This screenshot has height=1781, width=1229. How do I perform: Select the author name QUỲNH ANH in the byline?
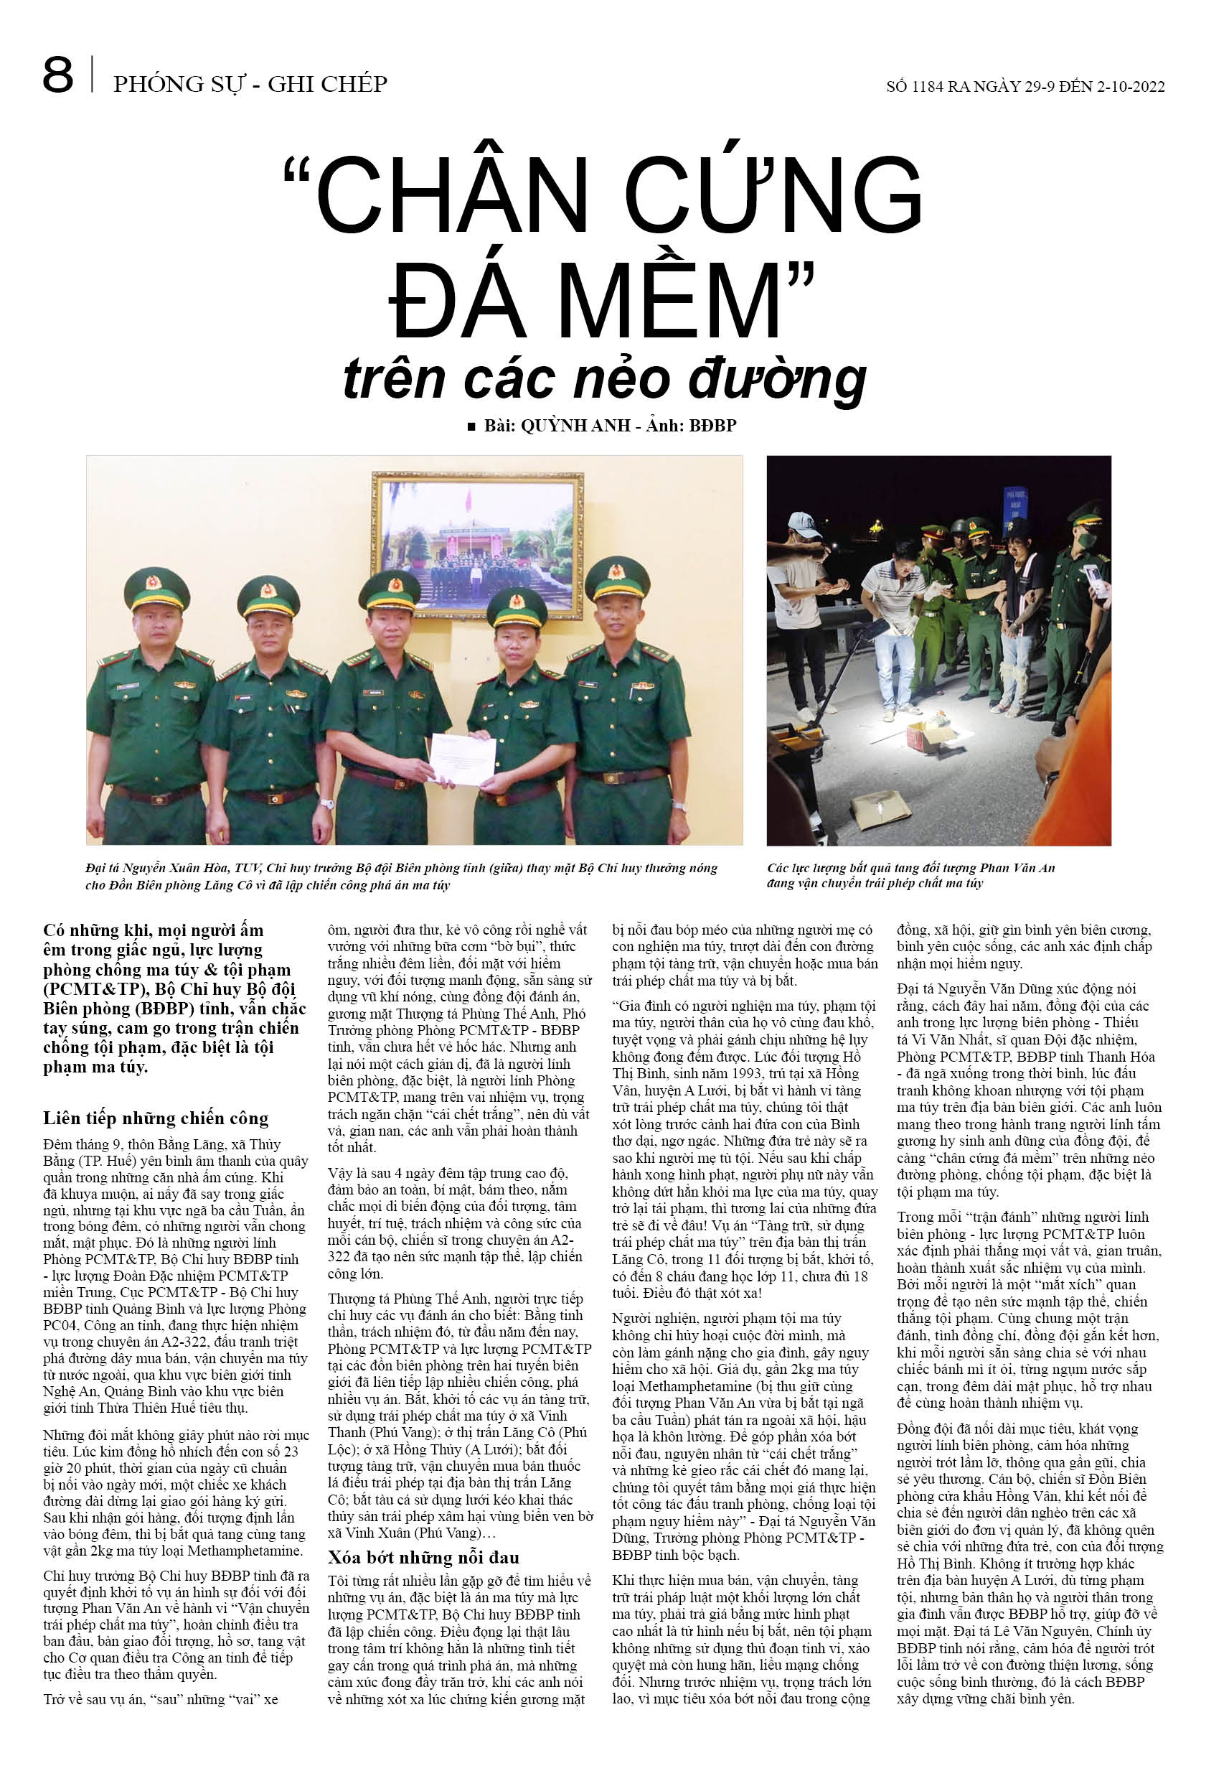[575, 426]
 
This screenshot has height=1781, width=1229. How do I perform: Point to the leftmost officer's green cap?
[156, 588]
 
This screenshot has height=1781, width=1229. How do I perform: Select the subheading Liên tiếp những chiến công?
[156, 1118]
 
